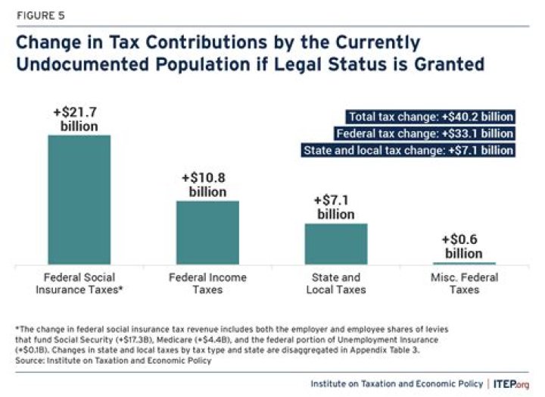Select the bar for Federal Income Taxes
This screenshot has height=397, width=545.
tap(207, 232)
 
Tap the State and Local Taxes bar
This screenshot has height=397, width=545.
tap(335, 243)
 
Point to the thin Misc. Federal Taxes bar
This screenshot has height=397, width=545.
tap(464, 263)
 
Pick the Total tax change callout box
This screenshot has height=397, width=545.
tap(431, 117)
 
